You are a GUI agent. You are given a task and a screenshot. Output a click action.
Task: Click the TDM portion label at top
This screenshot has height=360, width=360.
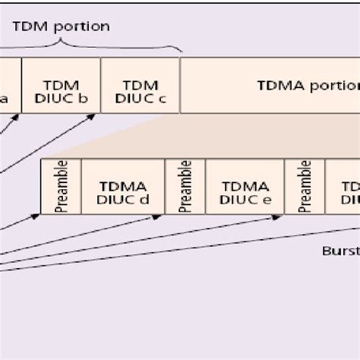point(62,27)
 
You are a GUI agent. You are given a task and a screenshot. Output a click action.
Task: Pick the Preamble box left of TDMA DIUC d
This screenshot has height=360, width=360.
point(61,186)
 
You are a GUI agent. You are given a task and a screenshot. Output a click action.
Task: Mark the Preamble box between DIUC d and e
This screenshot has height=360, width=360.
point(185,186)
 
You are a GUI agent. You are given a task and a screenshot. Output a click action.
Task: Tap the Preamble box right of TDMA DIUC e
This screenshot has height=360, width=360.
point(305,186)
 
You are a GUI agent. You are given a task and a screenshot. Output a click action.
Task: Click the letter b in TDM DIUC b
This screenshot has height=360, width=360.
point(82,96)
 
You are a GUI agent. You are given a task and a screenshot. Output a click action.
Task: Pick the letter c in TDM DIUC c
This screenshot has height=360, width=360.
point(161,96)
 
